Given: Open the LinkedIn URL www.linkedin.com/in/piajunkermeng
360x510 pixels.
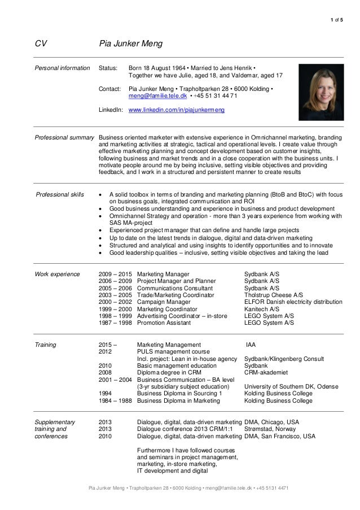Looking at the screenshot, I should click(x=177, y=111).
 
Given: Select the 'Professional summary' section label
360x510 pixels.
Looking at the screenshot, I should click(x=64, y=137).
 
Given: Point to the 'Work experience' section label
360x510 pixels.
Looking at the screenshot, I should click(x=57, y=274).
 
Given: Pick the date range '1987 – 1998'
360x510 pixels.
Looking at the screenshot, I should click(x=115, y=324).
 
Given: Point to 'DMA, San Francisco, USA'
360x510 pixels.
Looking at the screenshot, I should click(x=279, y=437).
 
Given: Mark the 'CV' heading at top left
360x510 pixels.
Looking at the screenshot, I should click(x=41, y=43).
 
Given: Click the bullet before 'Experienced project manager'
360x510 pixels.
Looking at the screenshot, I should click(x=100, y=231).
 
